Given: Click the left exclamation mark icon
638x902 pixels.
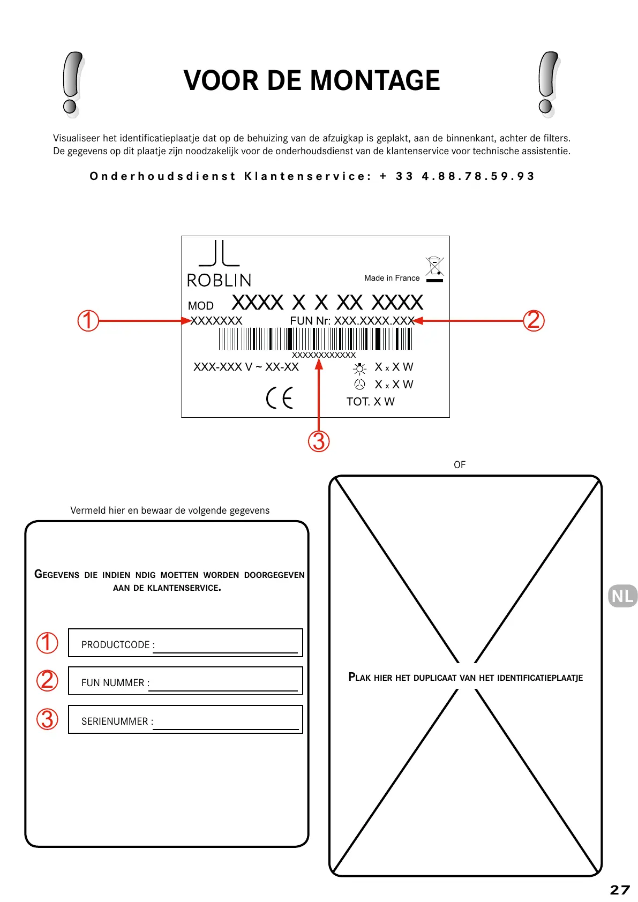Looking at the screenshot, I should (x=72, y=84).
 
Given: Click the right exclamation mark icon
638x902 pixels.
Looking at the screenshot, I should (x=547, y=84).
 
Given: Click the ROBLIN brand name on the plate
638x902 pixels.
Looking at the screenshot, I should (x=219, y=280).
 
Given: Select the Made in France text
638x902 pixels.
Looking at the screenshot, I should (x=392, y=278).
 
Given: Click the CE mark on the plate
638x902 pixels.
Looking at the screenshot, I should (x=280, y=398).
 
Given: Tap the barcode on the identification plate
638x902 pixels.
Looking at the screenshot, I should (x=315, y=339).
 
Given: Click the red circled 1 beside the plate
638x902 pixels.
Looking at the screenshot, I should (x=88, y=321).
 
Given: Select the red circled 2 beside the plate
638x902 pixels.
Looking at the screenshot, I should (x=534, y=321).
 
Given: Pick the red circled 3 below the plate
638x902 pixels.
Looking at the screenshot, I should (x=319, y=441).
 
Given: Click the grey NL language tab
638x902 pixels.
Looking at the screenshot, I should (x=622, y=596).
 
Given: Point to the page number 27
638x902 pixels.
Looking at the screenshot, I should (x=620, y=890).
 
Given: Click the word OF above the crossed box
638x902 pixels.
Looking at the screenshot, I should (x=460, y=465).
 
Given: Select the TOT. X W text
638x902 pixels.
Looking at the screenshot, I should (x=370, y=402).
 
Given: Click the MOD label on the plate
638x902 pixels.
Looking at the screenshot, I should (x=201, y=306).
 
